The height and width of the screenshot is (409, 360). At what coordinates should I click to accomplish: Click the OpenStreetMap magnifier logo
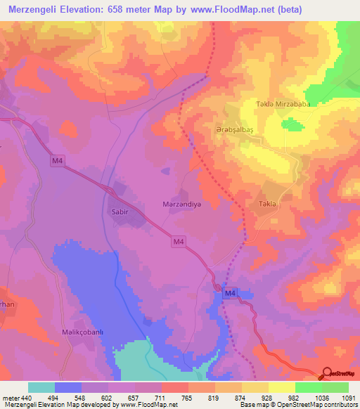[x=328, y=373]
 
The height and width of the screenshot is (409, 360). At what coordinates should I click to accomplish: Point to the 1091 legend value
[x=348, y=398]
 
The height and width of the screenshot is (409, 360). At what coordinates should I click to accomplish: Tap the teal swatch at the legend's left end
[x=41, y=387]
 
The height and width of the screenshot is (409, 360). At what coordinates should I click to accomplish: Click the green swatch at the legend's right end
[x=335, y=387]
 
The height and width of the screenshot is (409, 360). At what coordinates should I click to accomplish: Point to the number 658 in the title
[x=127, y=9]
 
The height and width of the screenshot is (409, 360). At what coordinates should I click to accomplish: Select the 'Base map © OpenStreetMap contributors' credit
[x=296, y=405]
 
